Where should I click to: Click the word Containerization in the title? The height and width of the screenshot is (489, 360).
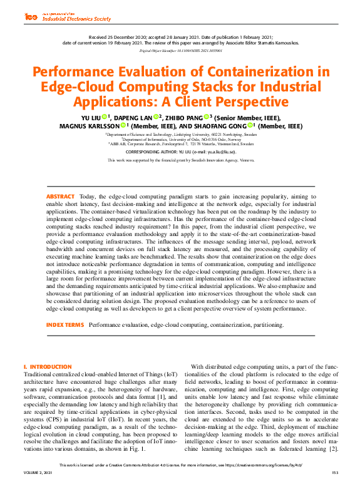click(259, 72)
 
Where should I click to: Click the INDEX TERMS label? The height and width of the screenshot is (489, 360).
click(64, 325)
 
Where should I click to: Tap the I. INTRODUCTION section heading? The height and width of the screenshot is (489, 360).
click(47, 366)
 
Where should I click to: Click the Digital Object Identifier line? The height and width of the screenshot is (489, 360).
click(180, 49)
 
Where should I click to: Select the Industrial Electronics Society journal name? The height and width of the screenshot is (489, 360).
click(76, 19)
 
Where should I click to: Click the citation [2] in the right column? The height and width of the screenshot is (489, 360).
click(335, 449)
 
